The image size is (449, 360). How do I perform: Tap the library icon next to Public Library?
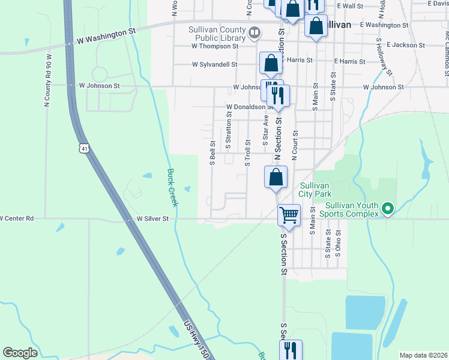[x=255, y=32]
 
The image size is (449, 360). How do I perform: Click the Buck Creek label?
[x=172, y=188]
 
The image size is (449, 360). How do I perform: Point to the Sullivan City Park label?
[x=315, y=190]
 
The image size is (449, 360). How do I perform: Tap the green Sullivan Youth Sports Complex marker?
[x=388, y=209]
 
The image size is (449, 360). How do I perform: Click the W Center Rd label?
[x=17, y=218]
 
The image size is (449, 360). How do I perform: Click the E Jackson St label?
[x=406, y=45]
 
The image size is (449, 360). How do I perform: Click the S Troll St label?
[x=246, y=153]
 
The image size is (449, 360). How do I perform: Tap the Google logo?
[x=20, y=353]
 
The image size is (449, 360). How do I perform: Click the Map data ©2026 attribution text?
[x=423, y=355]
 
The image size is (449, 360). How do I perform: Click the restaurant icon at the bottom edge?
[x=291, y=350]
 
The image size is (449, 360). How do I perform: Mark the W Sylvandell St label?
[x=215, y=64]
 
